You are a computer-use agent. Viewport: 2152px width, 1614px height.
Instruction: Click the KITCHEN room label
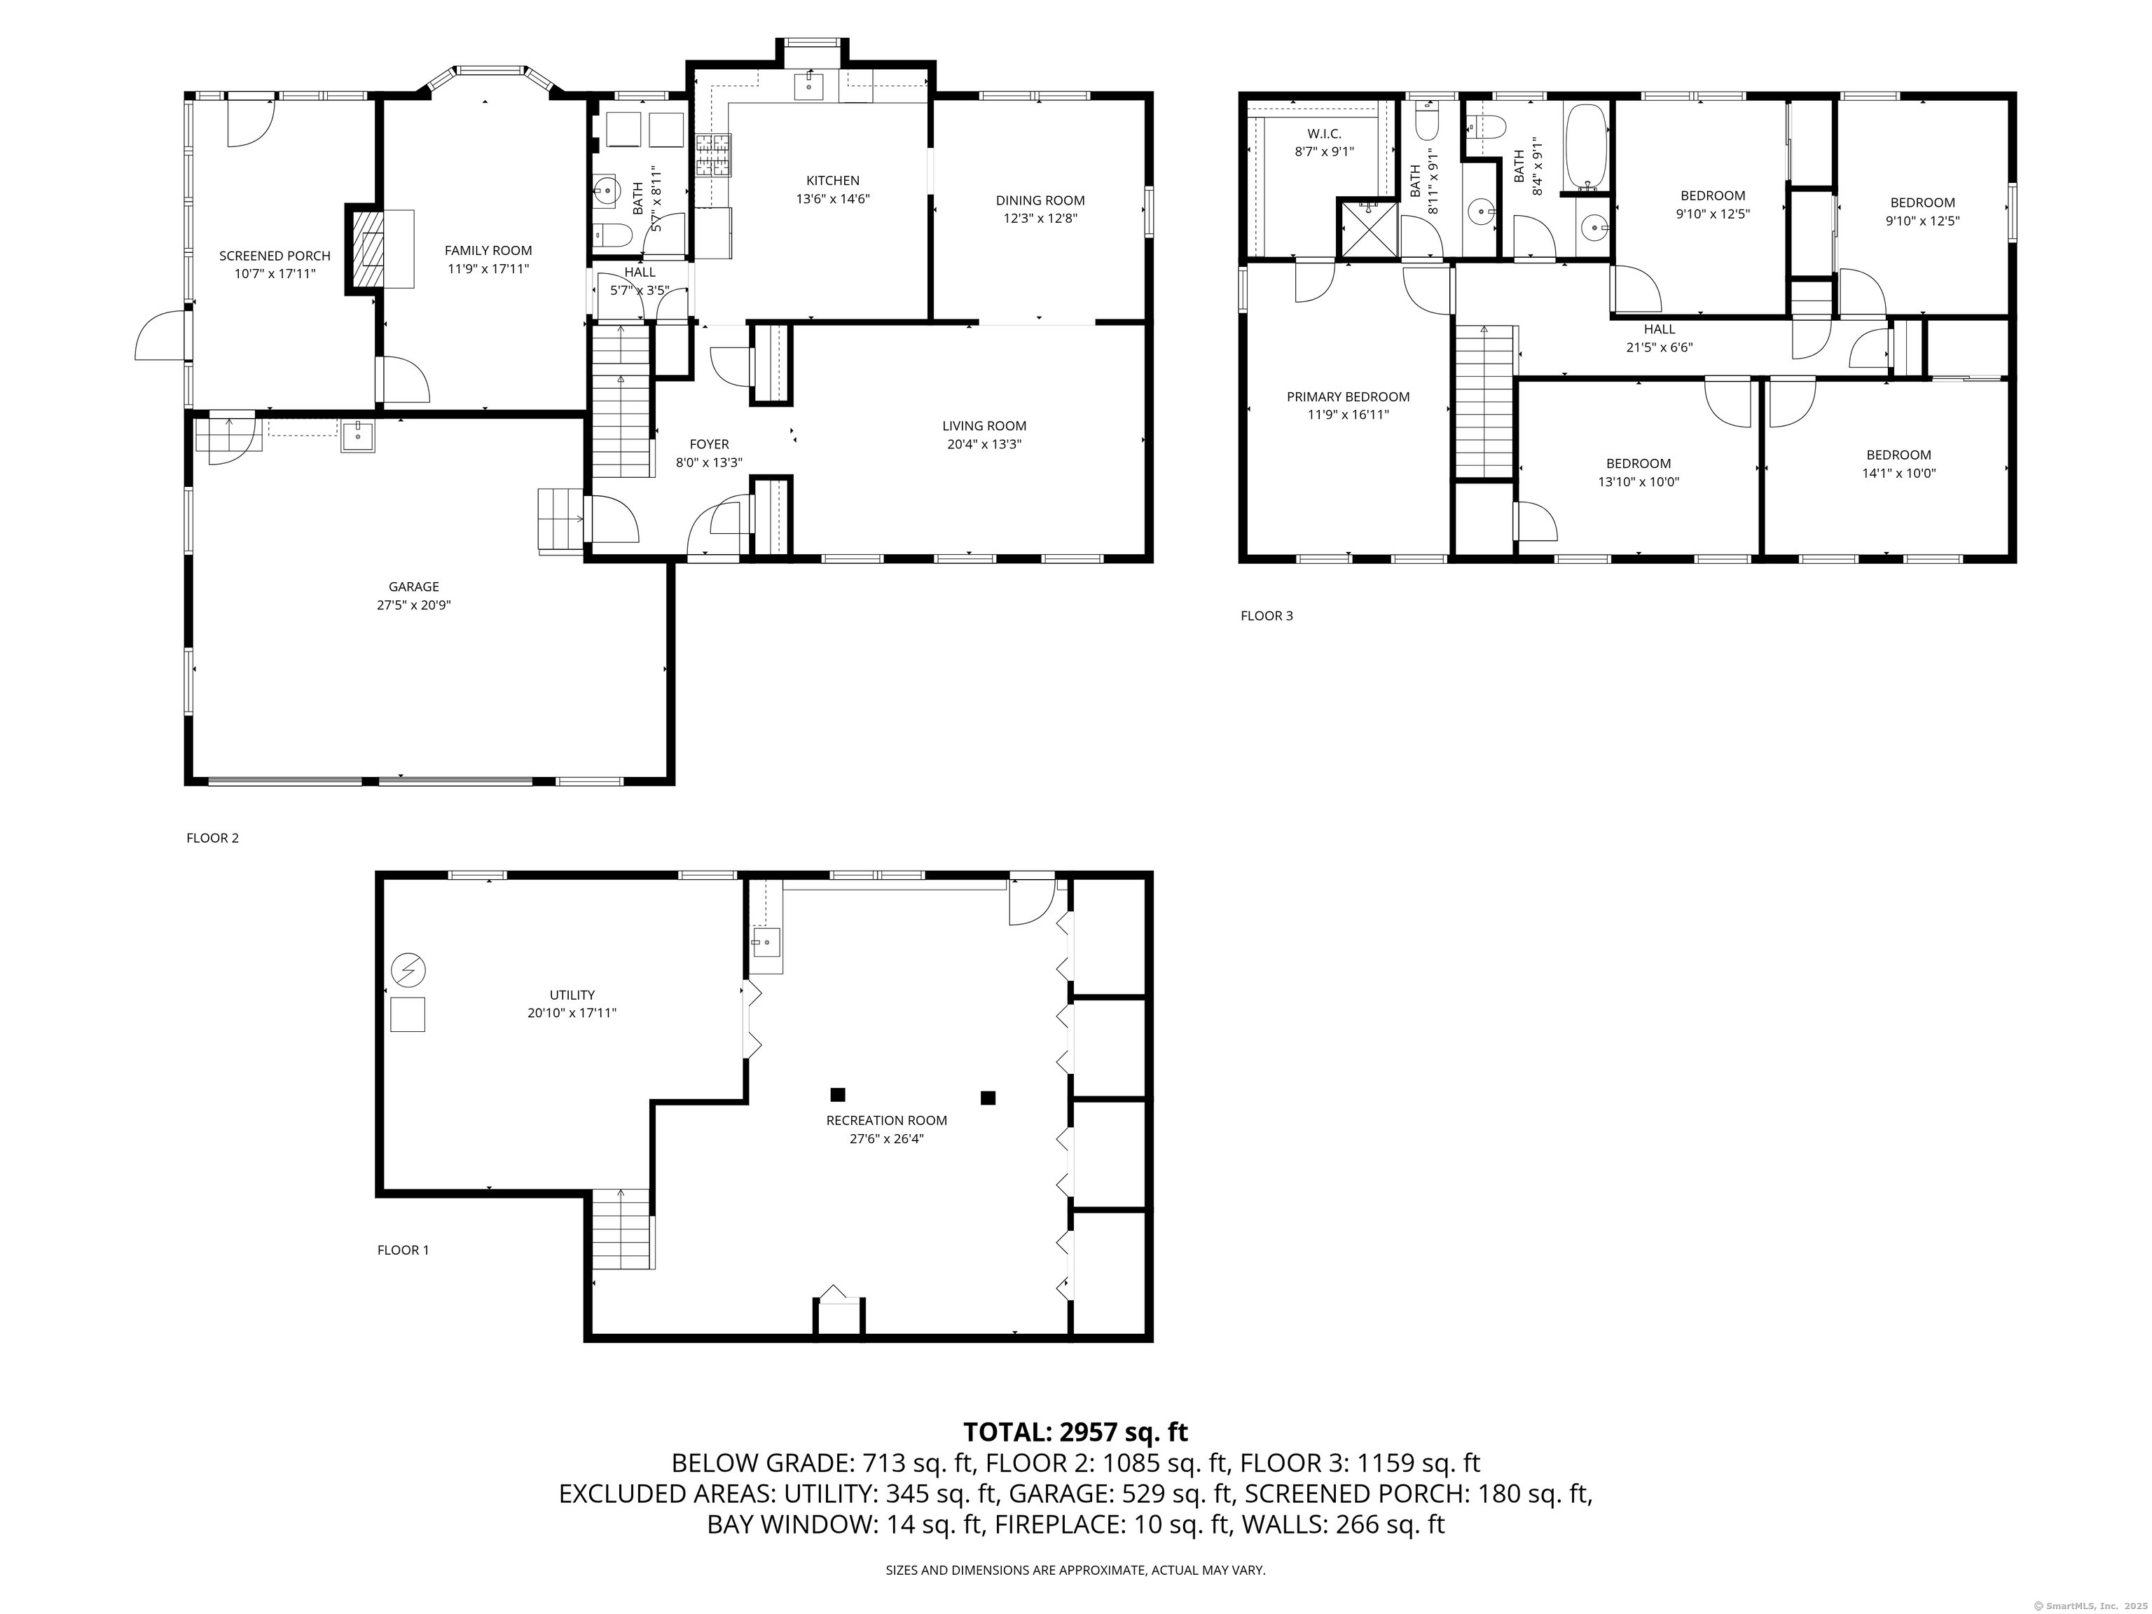click(x=833, y=180)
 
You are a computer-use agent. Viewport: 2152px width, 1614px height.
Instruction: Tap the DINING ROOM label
click(x=1040, y=200)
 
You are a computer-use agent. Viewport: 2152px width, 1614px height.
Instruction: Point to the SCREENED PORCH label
click(x=275, y=256)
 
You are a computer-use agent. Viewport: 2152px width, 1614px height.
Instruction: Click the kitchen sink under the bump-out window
click(x=808, y=85)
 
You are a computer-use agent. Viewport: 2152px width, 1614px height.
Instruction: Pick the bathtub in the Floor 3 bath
click(x=1587, y=147)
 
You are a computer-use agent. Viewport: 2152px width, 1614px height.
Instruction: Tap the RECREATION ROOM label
click(x=886, y=1121)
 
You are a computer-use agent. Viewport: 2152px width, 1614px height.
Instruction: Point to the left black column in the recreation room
click(x=838, y=1094)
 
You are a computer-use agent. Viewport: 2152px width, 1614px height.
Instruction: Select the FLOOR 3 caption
click(x=1267, y=616)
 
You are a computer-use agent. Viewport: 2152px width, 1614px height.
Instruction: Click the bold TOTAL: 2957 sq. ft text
click(x=1075, y=1432)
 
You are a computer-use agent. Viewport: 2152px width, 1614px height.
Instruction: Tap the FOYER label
click(x=709, y=445)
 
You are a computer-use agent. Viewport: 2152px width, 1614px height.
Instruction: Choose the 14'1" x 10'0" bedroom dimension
click(x=1898, y=474)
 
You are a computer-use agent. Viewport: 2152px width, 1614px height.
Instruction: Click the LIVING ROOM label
click(x=984, y=426)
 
